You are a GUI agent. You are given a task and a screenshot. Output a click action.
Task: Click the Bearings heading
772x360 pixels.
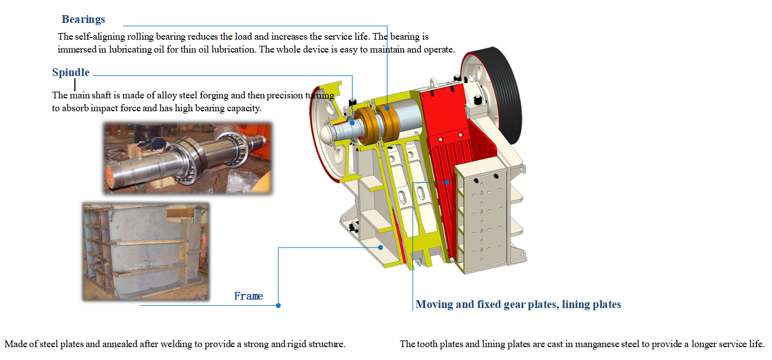click(x=83, y=20)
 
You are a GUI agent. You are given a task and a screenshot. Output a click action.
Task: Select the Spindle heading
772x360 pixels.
click(x=70, y=73)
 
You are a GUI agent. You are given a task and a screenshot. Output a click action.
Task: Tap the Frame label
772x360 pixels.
click(x=248, y=296)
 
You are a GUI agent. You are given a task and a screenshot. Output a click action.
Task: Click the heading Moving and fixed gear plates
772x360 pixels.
click(x=518, y=305)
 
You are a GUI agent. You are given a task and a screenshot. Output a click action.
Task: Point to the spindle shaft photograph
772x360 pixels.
click(x=187, y=158)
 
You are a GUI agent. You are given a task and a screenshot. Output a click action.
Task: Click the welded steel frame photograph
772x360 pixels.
click(x=145, y=251)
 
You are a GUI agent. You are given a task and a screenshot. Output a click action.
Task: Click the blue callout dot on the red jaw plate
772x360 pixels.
click(x=447, y=182)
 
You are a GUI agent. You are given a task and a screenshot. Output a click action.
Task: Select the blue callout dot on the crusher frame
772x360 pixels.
click(x=381, y=247)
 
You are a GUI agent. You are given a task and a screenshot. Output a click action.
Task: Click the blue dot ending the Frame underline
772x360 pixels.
click(x=278, y=305)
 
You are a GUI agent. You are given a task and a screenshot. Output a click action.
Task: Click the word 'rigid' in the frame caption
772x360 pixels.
click(x=299, y=344)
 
